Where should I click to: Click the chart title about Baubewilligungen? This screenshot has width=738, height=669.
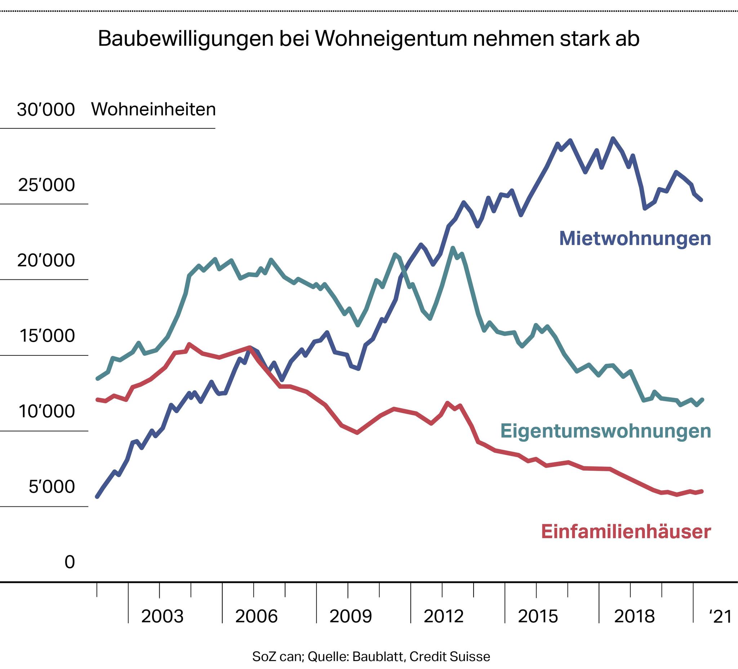click(369, 39)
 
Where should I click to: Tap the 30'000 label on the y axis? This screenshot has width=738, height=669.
click(46, 110)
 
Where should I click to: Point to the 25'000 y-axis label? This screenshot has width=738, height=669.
click(46, 185)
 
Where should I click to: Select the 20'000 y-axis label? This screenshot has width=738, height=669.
click(46, 260)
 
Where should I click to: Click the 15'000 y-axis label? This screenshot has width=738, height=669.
click(46, 336)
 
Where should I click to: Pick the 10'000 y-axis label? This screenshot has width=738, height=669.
click(46, 412)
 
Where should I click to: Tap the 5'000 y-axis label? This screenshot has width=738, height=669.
click(52, 487)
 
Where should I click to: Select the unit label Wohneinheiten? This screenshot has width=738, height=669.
click(154, 110)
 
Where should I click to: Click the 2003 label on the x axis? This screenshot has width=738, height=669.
click(162, 617)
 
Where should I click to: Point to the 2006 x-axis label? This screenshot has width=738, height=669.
click(256, 617)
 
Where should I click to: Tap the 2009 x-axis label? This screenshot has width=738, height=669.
click(351, 617)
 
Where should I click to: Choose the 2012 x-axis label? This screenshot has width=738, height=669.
click(444, 617)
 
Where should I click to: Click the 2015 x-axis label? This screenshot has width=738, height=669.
click(538, 617)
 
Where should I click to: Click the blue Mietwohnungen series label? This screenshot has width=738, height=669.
click(635, 238)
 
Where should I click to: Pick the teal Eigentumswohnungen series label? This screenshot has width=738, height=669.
click(605, 431)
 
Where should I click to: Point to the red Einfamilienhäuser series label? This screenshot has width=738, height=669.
click(626, 532)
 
